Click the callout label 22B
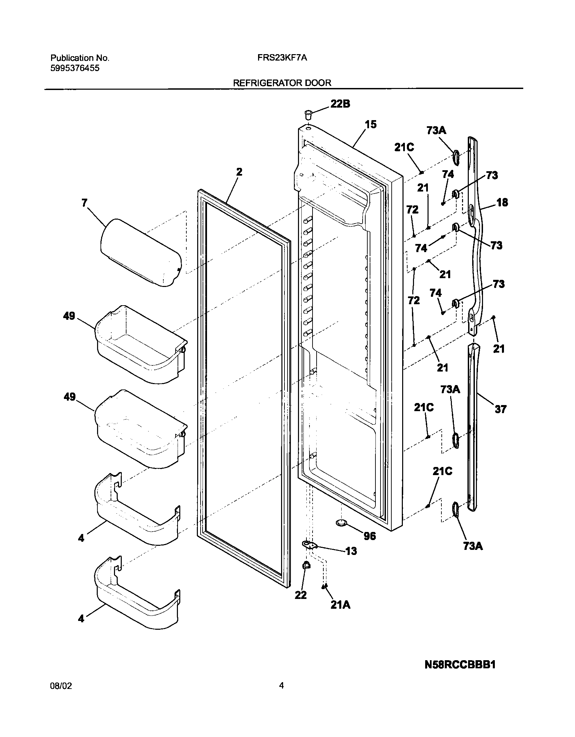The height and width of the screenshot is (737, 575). pyautogui.click(x=340, y=104)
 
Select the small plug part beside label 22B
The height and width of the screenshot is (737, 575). pyautogui.click(x=308, y=115)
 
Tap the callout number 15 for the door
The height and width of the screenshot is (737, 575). pyautogui.click(x=371, y=124)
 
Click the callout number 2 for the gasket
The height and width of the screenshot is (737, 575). pyautogui.click(x=239, y=172)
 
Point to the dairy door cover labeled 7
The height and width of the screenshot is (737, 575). pyautogui.click(x=141, y=252)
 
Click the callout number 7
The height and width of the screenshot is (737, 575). pyautogui.click(x=84, y=203)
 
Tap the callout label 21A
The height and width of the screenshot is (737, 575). pyautogui.click(x=340, y=605)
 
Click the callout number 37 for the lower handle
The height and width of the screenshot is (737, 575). pyautogui.click(x=500, y=409)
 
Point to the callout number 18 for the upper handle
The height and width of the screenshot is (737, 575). pyautogui.click(x=502, y=202)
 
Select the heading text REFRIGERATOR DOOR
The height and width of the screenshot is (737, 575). pyautogui.click(x=282, y=83)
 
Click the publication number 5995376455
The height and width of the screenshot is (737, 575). pyautogui.click(x=75, y=68)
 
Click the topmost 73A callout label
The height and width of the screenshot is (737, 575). pyautogui.click(x=436, y=131)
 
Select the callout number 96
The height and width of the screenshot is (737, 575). pyautogui.click(x=370, y=536)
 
